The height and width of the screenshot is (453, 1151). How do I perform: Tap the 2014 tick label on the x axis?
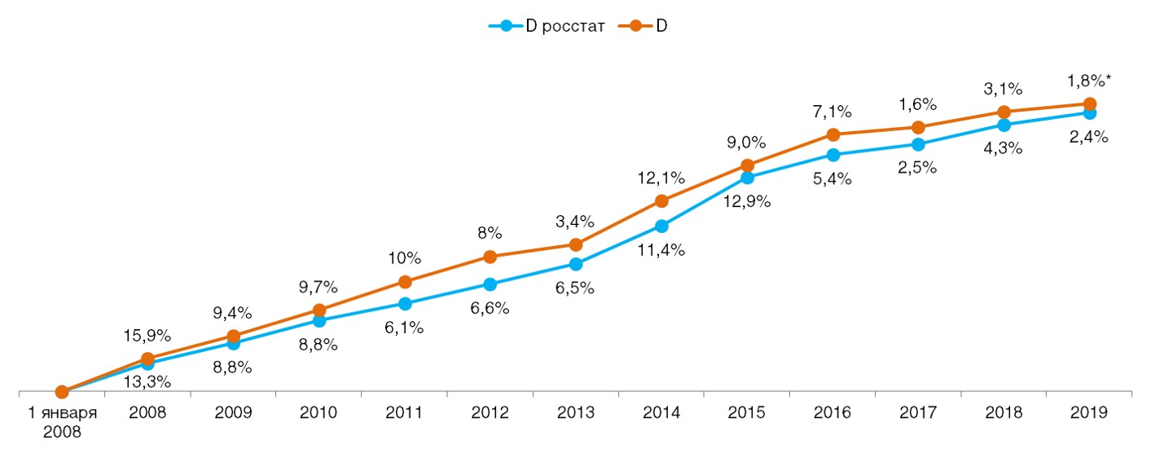pyautogui.click(x=661, y=413)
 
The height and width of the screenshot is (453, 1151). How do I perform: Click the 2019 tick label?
pyautogui.click(x=1090, y=413)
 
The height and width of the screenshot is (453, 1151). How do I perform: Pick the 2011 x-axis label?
pyautogui.click(x=404, y=413)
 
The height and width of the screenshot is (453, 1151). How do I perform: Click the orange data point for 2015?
pyautogui.click(x=748, y=165)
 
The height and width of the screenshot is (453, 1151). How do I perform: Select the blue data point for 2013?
pyautogui.click(x=576, y=264)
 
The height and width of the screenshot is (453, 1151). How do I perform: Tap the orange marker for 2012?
pyautogui.click(x=490, y=257)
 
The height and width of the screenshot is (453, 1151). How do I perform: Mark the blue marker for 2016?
pyautogui.click(x=833, y=154)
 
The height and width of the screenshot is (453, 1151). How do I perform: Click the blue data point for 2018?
pyautogui.click(x=1004, y=125)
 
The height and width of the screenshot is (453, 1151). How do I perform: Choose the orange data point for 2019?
pyautogui.click(x=1090, y=104)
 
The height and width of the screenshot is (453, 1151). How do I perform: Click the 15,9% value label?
pyautogui.click(x=147, y=335)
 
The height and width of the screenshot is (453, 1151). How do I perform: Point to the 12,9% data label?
pyautogui.click(x=747, y=200)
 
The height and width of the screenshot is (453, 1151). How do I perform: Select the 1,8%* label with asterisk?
pyautogui.click(x=1090, y=81)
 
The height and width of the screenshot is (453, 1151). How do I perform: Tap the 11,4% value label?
pyautogui.click(x=661, y=250)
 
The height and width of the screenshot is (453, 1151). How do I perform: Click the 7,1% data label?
pyautogui.click(x=833, y=110)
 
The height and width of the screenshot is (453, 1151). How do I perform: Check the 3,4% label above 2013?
pyautogui.click(x=576, y=221)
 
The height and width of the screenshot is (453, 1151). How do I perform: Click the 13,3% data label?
pyautogui.click(x=147, y=381)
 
